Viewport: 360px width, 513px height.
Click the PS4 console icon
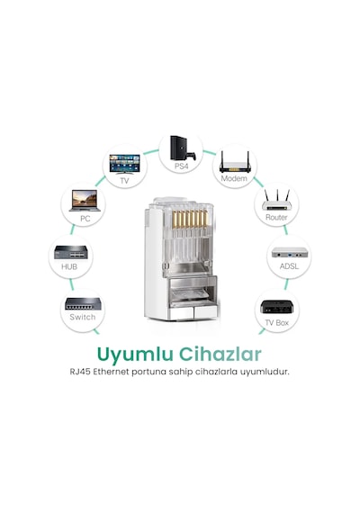183,148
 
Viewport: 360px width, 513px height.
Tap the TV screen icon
124,165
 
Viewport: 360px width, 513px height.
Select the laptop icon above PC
85,201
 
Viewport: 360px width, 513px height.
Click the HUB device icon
71,253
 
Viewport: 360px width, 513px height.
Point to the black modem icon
235,162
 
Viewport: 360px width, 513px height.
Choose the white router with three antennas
277,200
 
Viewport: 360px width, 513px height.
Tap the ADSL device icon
290,252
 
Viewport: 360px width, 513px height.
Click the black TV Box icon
277,308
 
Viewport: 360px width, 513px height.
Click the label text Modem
234,178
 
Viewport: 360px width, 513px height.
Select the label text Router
276,217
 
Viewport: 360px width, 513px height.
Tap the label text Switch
83,317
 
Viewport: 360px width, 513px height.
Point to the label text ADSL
289,266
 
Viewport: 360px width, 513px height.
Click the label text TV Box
277,323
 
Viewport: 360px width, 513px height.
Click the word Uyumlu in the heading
135,355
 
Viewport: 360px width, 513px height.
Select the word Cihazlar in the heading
220,354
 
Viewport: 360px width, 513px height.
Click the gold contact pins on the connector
190,219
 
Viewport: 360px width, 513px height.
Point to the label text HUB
69,267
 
